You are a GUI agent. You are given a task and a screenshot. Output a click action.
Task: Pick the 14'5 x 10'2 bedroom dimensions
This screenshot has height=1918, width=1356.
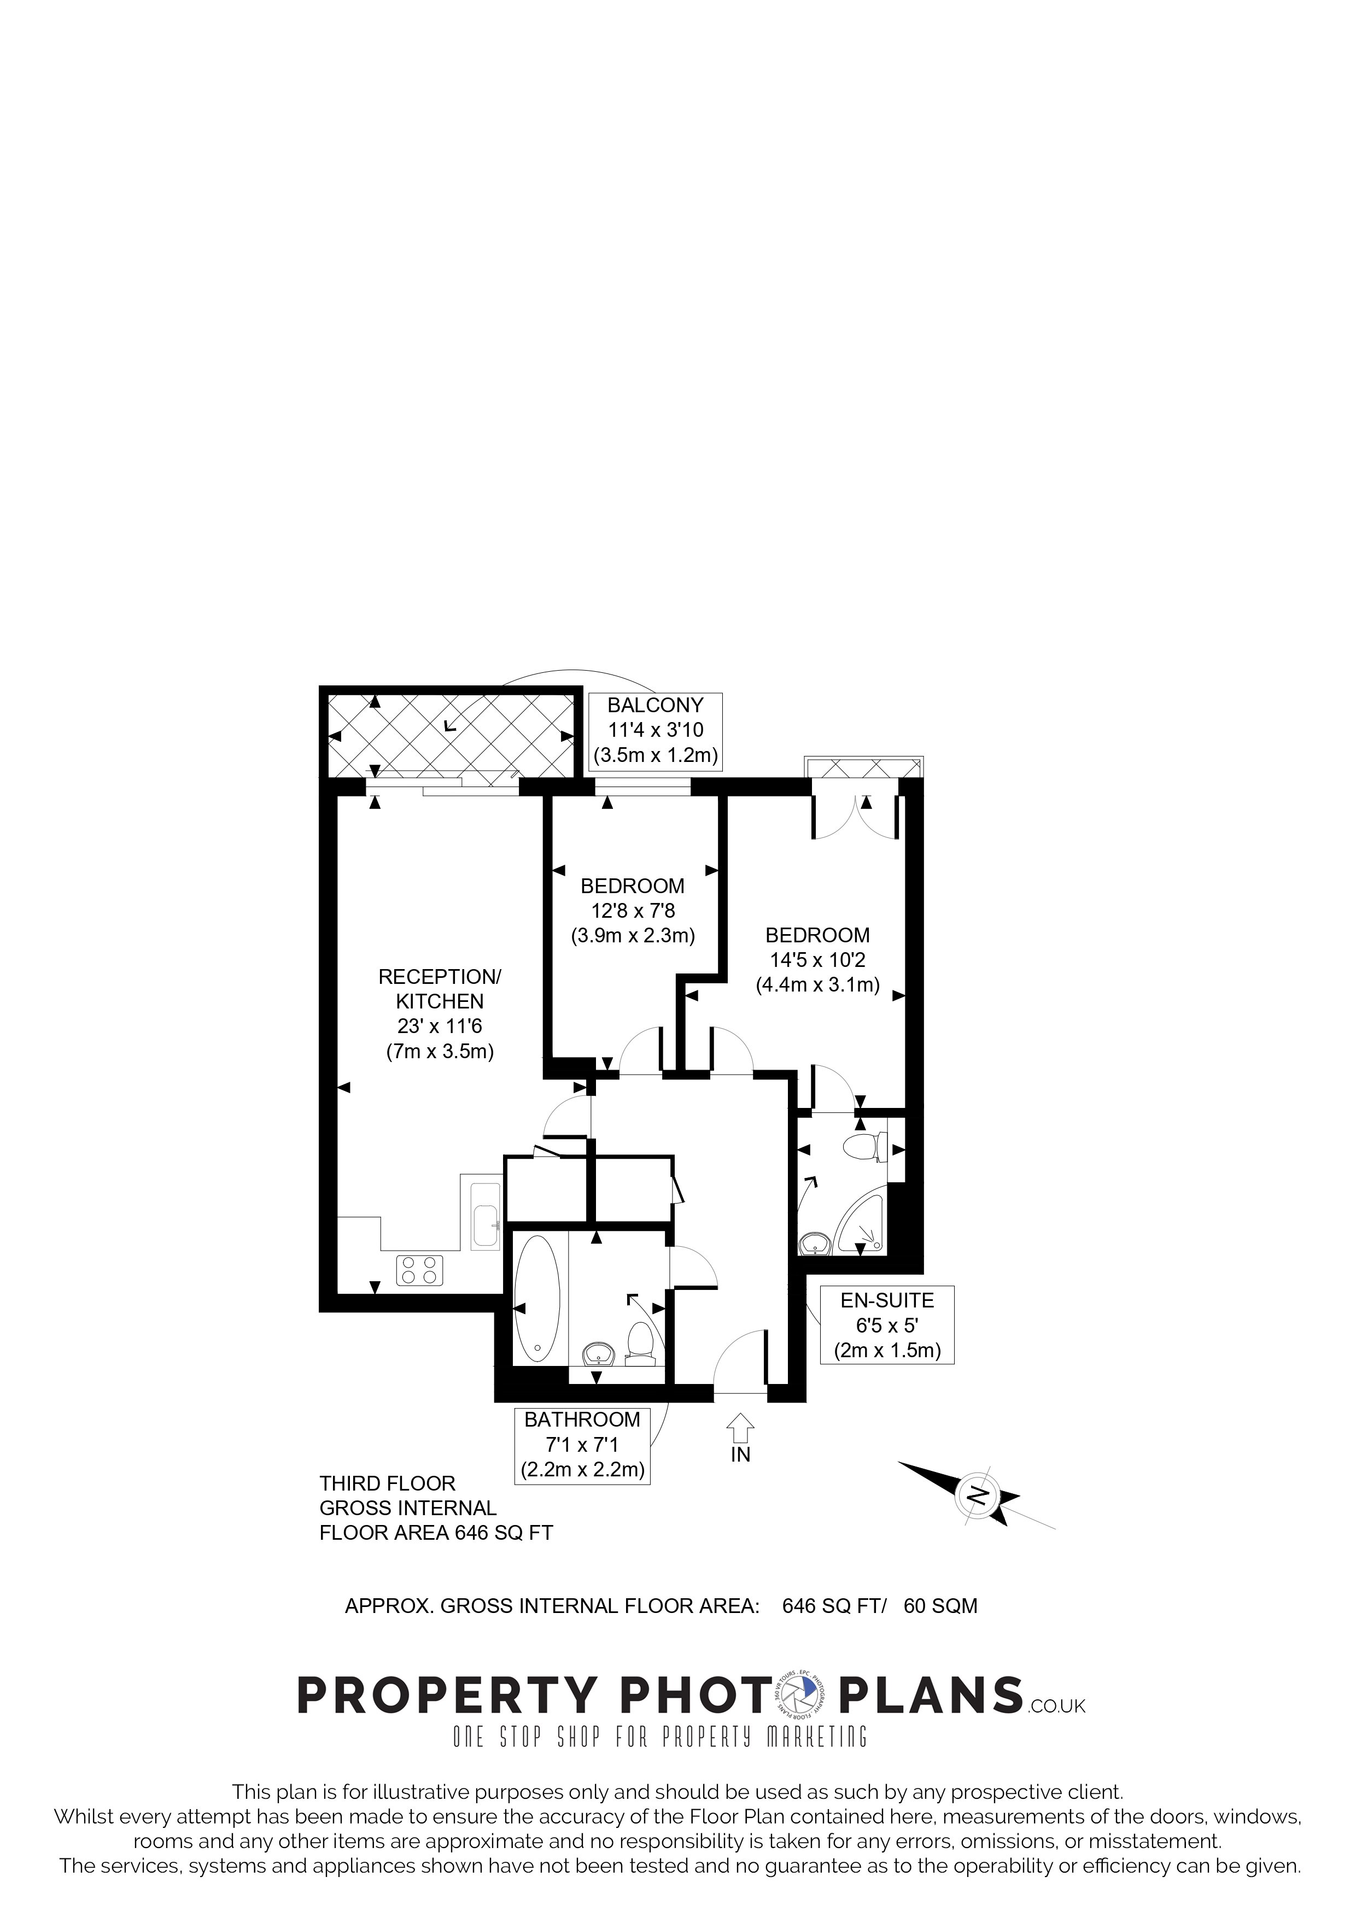click(818, 960)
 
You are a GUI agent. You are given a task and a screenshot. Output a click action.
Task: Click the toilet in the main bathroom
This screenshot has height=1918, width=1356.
click(641, 1344)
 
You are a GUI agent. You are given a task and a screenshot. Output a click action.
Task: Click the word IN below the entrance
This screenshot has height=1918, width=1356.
click(741, 1454)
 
